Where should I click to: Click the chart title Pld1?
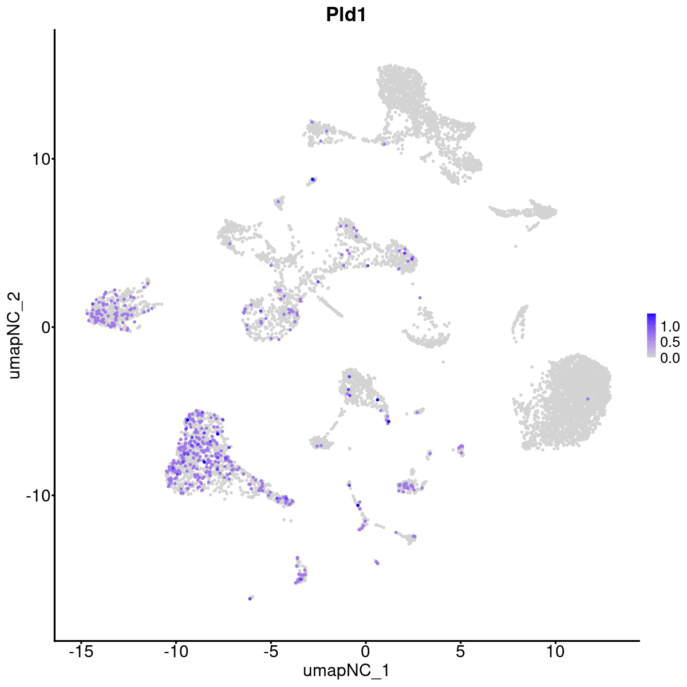tap(346, 15)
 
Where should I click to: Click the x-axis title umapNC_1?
tap(346, 670)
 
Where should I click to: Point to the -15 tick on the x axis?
tap(81, 652)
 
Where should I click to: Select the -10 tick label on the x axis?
tap(176, 652)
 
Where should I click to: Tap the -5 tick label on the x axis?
tap(271, 652)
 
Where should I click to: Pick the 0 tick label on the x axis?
tap(365, 652)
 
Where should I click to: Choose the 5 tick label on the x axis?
tap(460, 652)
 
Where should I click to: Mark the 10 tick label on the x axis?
tap(555, 652)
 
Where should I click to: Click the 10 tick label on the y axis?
tap(39, 159)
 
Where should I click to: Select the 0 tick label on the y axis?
tap(44, 327)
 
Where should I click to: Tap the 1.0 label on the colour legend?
tap(670, 327)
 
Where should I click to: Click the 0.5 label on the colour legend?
tap(670, 342)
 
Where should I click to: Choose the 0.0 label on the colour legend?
tap(670, 358)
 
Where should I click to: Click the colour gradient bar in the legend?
tap(652, 335)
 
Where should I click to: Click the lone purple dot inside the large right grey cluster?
tap(587, 399)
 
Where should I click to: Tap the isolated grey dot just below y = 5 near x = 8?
tap(516, 246)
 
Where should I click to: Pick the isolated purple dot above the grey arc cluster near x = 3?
tap(420, 298)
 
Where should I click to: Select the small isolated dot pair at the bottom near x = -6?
tap(250, 598)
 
